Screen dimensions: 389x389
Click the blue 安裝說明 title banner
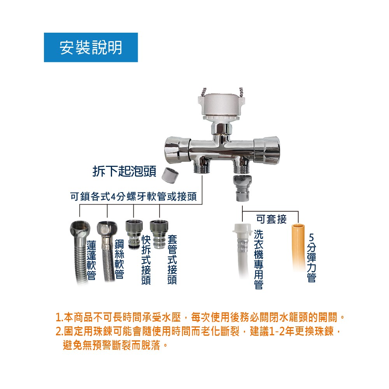[x=91, y=47]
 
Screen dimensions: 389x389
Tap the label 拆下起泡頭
[x=124, y=172]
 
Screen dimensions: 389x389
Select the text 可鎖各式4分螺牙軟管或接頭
[x=133, y=196]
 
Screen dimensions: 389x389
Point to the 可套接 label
[x=272, y=219]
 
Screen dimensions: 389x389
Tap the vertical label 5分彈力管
[x=311, y=258]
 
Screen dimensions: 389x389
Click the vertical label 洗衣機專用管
[x=259, y=259]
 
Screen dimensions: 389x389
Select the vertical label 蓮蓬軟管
[x=91, y=260]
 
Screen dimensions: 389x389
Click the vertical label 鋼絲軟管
[x=119, y=259]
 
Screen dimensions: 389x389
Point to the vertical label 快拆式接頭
[x=146, y=259]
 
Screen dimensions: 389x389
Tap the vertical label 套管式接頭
[x=172, y=259]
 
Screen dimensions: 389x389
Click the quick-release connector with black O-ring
[x=134, y=235]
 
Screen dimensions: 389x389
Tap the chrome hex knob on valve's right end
[x=267, y=151]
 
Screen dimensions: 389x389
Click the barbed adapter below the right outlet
[x=242, y=188]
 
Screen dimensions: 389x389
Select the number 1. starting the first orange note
[x=60, y=317]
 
